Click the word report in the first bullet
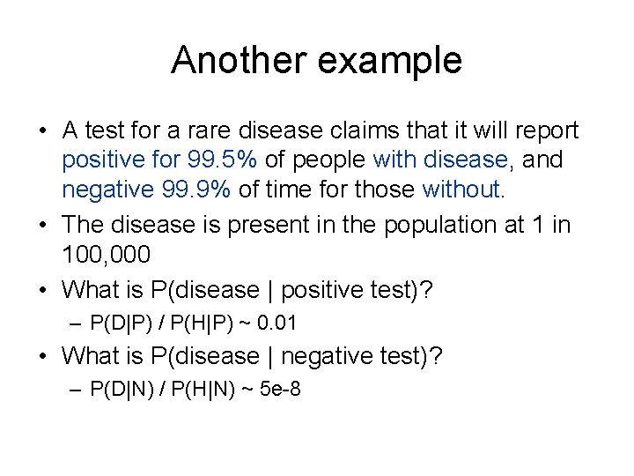click(x=546, y=130)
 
